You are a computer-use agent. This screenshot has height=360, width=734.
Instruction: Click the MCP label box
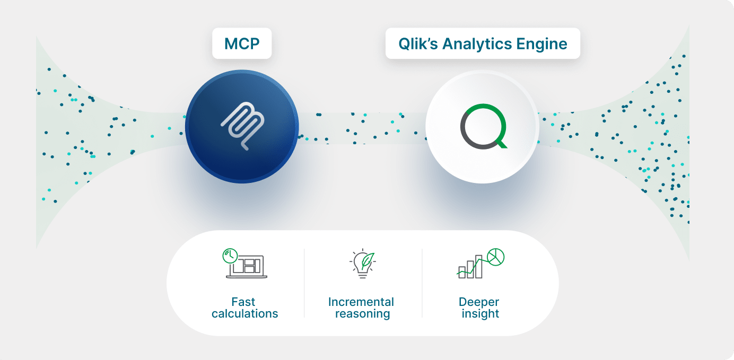242,43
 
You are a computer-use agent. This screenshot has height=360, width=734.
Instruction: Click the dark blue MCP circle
242,127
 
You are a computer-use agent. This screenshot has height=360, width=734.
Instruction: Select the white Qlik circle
482,127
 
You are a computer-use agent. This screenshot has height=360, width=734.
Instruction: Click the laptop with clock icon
245,264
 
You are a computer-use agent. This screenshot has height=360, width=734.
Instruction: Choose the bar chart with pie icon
480,264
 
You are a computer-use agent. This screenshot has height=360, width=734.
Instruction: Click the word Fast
243,302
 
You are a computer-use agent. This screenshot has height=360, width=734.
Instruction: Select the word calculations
244,314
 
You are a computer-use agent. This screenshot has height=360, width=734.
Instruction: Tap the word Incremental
361,302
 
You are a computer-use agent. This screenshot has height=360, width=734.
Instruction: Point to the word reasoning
362,314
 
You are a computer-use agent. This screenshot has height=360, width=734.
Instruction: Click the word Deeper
479,302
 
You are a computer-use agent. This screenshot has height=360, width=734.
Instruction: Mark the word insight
480,314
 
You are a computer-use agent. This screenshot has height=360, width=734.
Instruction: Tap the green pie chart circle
495,257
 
